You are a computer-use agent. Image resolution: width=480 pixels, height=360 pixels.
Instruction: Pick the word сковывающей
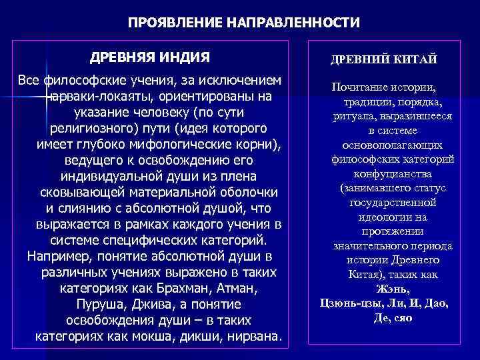(77, 193)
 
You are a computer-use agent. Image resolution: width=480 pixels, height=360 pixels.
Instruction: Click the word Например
(56, 257)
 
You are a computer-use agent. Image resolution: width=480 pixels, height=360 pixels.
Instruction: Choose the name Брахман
(176, 289)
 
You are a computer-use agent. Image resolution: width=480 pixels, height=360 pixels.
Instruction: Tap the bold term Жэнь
(393, 289)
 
